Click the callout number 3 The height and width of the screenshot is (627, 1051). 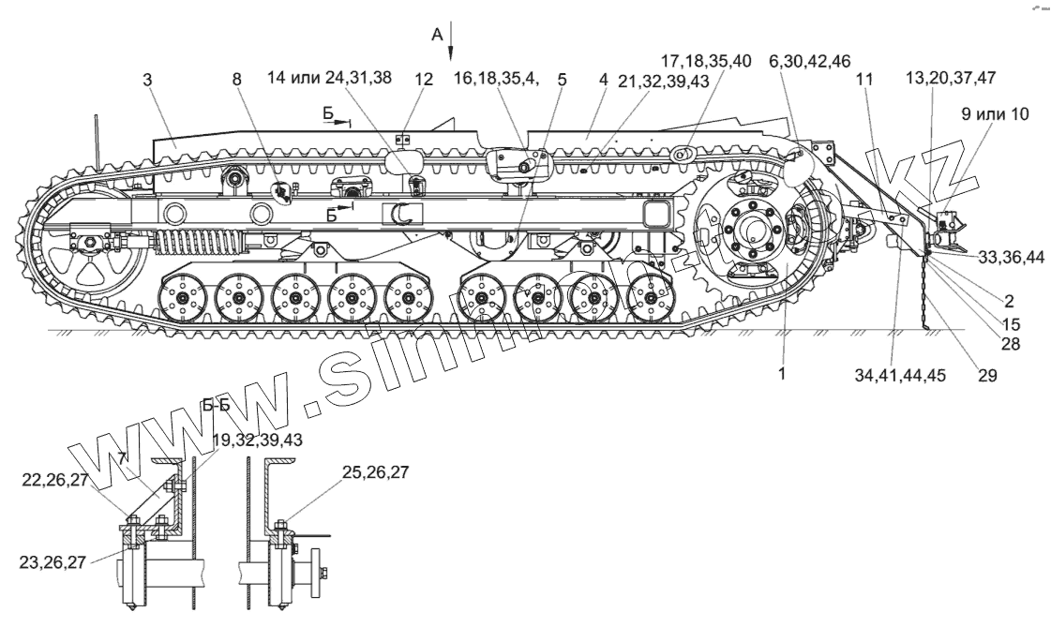pos(148,81)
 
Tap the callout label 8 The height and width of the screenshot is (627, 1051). pos(236,81)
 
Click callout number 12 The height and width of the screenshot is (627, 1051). pos(424,81)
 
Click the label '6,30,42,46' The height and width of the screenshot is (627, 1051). pos(809,61)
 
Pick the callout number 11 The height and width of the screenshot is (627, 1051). pos(863,81)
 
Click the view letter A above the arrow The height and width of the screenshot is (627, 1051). pos(436,35)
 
